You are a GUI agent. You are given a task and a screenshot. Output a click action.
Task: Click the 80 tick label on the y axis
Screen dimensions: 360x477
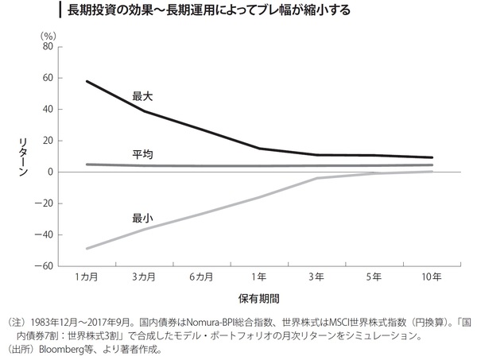pyautogui.click(x=46, y=46)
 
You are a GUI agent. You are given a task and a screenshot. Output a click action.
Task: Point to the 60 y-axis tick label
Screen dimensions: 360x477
pyautogui.click(x=46, y=78)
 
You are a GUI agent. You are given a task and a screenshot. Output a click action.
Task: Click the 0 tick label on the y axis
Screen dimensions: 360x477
pyautogui.click(x=49, y=172)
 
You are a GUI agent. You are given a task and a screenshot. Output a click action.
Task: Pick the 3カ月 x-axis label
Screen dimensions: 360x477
pyautogui.click(x=144, y=277)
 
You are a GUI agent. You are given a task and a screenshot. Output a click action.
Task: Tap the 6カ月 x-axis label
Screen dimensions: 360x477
pyautogui.click(x=202, y=277)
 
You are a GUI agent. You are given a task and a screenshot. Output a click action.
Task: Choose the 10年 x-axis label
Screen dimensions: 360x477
pyautogui.click(x=432, y=277)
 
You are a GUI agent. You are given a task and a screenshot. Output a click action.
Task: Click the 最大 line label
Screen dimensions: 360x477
pyautogui.click(x=142, y=95)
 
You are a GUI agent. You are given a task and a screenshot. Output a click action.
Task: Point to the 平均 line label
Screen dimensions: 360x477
pyautogui.click(x=142, y=153)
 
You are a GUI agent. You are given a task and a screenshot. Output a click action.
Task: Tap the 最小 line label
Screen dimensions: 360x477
pyautogui.click(x=142, y=217)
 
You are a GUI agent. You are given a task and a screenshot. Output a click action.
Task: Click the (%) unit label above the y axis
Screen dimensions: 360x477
pyautogui.click(x=48, y=35)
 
